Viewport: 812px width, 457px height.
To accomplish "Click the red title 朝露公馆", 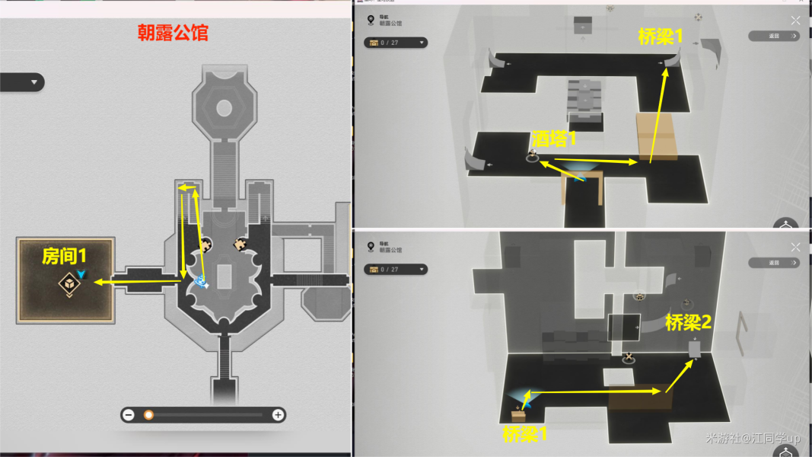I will pos(173,33).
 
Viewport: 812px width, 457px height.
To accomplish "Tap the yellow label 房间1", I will pos(64,257).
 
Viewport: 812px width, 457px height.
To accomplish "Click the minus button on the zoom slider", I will pos(129,415).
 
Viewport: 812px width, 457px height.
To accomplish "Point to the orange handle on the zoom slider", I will pos(149,415).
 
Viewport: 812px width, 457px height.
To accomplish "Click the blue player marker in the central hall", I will pos(202,283).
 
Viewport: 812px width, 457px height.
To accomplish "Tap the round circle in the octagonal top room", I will pos(224,108).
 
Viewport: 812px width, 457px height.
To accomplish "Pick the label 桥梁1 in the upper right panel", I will pos(661,37).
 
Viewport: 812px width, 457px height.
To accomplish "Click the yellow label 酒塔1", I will pos(553,139).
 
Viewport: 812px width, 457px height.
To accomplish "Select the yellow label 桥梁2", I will pos(688,322).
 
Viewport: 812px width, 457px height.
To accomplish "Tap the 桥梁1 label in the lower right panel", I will pos(525,434).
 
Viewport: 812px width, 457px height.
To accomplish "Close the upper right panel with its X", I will pos(795,21).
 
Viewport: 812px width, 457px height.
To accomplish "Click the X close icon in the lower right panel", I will pos(795,248).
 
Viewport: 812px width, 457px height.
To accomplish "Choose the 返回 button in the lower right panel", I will pos(773,263).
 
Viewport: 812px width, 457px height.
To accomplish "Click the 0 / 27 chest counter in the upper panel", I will pos(395,43).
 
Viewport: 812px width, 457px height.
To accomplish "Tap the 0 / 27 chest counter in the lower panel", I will pos(395,269).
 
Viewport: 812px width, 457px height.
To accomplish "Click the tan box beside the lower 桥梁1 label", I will pos(518,415).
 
